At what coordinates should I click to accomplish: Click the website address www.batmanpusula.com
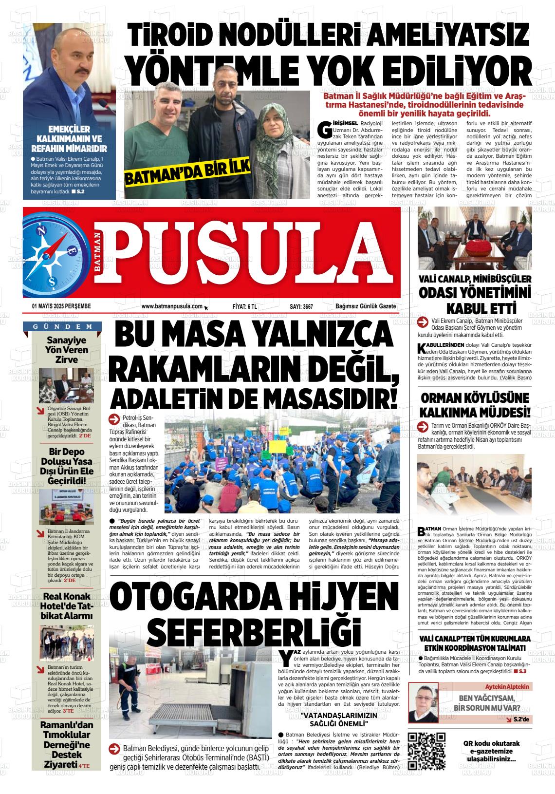click(x=172, y=306)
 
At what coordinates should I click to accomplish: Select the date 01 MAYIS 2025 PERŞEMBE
click(x=61, y=306)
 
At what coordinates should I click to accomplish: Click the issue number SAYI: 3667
click(x=301, y=306)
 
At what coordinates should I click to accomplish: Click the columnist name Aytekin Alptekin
click(x=506, y=686)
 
